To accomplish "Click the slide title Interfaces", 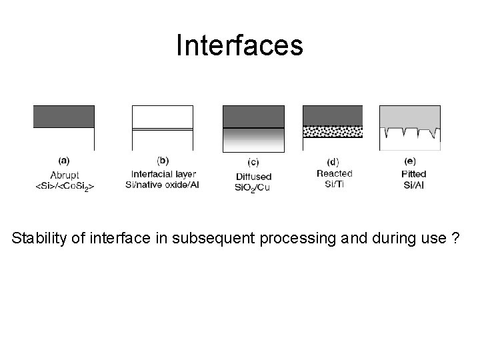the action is tap(239, 45).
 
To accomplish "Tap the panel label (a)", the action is tap(65, 160).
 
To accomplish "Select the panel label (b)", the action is tap(162, 160).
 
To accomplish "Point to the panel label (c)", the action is tap(253, 162).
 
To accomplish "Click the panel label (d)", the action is tap(333, 161).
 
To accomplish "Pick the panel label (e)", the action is tap(410, 161).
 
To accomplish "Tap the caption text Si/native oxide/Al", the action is tap(162, 184).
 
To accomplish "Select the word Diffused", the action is tap(253, 176).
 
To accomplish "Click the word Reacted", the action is tap(334, 173).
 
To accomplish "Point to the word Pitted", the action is tap(414, 174).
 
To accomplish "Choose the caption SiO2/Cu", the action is tap(253, 188).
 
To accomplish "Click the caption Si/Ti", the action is tap(334, 184).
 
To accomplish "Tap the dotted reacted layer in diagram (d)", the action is tap(333, 131).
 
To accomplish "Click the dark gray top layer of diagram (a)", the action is tap(64, 116).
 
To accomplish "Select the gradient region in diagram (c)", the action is tap(253, 140).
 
